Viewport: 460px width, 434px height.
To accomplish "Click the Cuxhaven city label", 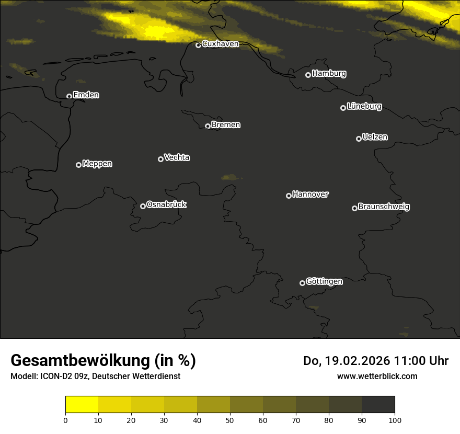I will click(x=220, y=44).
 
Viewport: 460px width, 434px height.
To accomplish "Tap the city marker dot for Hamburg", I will click(x=308, y=75).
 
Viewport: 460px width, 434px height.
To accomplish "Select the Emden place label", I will click(x=86, y=95).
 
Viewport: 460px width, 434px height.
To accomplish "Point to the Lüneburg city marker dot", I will click(x=343, y=108).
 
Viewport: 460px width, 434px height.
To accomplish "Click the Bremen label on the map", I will click(x=226, y=125).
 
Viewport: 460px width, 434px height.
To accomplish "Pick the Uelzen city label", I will click(x=375, y=137).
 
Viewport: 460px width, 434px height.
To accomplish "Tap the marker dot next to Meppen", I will click(x=78, y=165).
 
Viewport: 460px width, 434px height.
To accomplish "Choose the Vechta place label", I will click(x=177, y=157).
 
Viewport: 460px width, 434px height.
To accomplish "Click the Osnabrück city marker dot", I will click(x=143, y=206).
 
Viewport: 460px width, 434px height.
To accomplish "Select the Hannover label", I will click(x=310, y=195).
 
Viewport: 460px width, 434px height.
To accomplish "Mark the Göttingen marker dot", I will click(x=302, y=283).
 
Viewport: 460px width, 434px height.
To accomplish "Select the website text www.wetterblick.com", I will click(x=377, y=376).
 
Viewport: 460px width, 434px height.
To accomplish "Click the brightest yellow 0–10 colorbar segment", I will click(x=82, y=405).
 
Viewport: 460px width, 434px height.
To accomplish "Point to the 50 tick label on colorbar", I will click(x=230, y=420).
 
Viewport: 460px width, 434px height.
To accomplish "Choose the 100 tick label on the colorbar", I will click(x=395, y=420).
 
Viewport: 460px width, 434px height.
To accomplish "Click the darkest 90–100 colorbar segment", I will click(x=378, y=405).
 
